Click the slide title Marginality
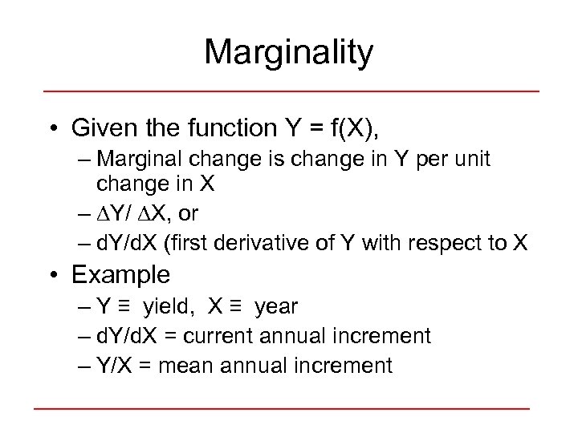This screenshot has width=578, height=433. tap(289, 53)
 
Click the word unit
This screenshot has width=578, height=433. tap(469, 160)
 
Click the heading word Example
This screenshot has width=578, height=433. tap(120, 275)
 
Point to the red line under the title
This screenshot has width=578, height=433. tap(289, 91)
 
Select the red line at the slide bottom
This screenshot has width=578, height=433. tap(281, 409)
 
